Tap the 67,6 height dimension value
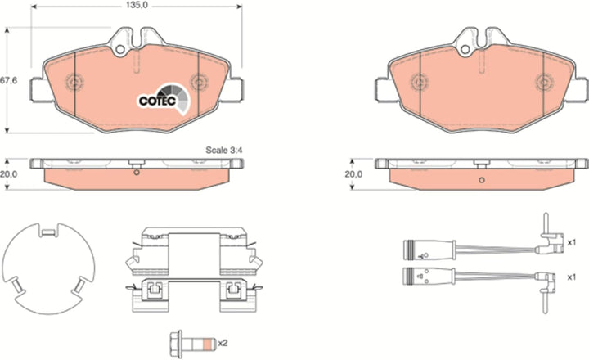click(x=9, y=80)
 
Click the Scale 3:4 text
click(x=224, y=150)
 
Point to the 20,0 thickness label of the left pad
click(x=8, y=174)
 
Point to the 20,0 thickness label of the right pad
click(x=353, y=174)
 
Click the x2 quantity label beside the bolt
click(x=223, y=343)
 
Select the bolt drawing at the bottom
click(x=192, y=344)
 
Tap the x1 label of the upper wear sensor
click(x=571, y=243)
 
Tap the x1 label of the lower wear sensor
click(x=571, y=277)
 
